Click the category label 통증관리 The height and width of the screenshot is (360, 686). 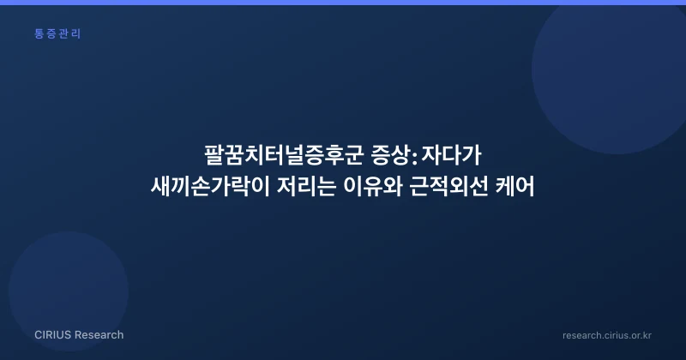tap(57, 33)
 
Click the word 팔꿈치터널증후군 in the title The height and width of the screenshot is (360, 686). tap(284, 155)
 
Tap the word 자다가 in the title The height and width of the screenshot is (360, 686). tap(452, 155)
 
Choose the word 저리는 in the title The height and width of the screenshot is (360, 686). tap(307, 187)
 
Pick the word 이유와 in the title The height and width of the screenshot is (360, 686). tap(373, 187)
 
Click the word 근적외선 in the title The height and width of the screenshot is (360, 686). tap(448, 187)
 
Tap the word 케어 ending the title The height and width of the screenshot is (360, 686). tap(515, 187)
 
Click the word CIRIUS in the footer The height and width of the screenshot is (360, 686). tap(52, 335)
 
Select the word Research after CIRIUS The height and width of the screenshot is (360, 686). tap(99, 335)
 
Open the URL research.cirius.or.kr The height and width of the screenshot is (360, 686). tap(607, 335)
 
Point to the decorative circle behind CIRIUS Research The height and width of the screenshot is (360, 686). tap(69, 291)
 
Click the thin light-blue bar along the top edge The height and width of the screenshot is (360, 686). tap(343, 3)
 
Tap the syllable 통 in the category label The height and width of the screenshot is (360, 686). tap(39, 33)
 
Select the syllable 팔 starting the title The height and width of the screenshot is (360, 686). tap(214, 155)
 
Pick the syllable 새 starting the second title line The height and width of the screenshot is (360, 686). tap(160, 187)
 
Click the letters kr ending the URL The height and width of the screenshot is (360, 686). tap(647, 335)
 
